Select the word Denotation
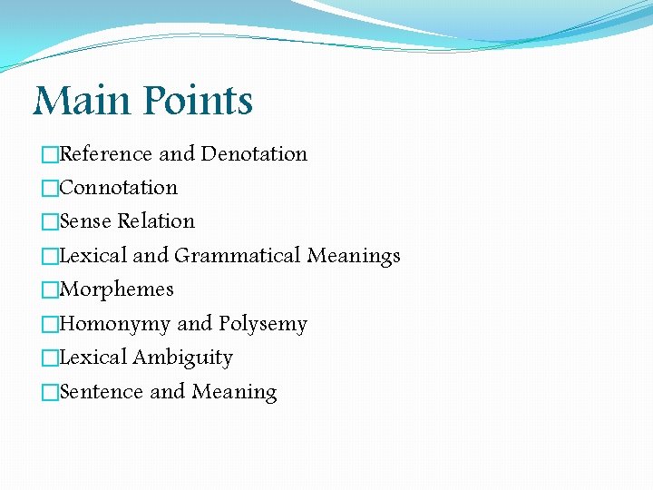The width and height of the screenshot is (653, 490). pyautogui.click(x=254, y=154)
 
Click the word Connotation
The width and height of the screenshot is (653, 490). pyautogui.click(x=118, y=188)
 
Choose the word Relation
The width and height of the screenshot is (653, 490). pyautogui.click(x=156, y=221)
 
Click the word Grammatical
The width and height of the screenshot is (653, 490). pyautogui.click(x=238, y=256)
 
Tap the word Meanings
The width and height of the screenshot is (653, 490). pyautogui.click(x=354, y=257)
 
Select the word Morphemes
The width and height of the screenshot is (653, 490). pyautogui.click(x=116, y=289)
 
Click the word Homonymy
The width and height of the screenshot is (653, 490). pyautogui.click(x=115, y=324)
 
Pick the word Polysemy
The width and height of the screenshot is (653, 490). pyautogui.click(x=263, y=324)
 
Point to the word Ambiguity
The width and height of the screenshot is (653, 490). pyautogui.click(x=182, y=358)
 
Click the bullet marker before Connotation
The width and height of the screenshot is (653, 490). pyautogui.click(x=50, y=189)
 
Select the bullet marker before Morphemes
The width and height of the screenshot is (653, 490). pyautogui.click(x=50, y=290)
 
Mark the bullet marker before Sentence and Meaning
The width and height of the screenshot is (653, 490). pyautogui.click(x=50, y=393)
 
